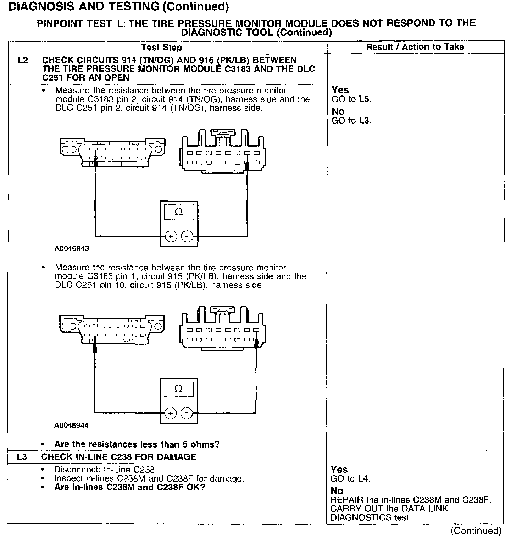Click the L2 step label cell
(x=23, y=61)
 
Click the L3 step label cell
(x=22, y=457)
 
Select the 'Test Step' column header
(x=161, y=48)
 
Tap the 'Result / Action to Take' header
(x=415, y=47)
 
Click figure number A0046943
(x=72, y=248)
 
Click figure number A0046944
(x=71, y=425)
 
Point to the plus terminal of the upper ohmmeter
(x=171, y=236)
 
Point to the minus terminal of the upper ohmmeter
(x=187, y=236)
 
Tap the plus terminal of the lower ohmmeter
(x=171, y=413)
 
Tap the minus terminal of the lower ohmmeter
(x=187, y=413)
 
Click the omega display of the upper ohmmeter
(x=179, y=213)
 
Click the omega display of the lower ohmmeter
(x=179, y=389)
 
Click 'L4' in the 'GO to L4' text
(x=363, y=479)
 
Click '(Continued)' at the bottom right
(x=476, y=531)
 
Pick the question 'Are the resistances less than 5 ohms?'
(x=137, y=444)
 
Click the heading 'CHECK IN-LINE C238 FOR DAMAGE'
(x=119, y=457)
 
